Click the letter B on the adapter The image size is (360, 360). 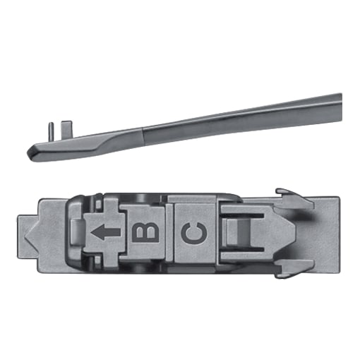[x=145, y=232]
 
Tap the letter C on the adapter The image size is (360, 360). [x=194, y=232]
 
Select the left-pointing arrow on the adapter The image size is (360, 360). [x=106, y=232]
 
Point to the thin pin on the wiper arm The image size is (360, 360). [x=52, y=132]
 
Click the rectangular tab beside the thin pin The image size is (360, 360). [x=67, y=129]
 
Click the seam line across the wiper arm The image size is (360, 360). [x=144, y=137]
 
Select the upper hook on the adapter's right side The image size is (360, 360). [x=294, y=198]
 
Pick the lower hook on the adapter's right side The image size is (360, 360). [x=294, y=268]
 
